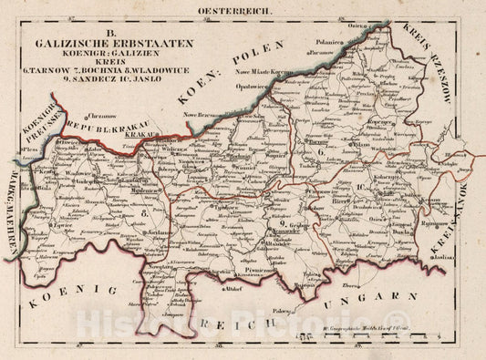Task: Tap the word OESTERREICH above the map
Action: tap(241, 11)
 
